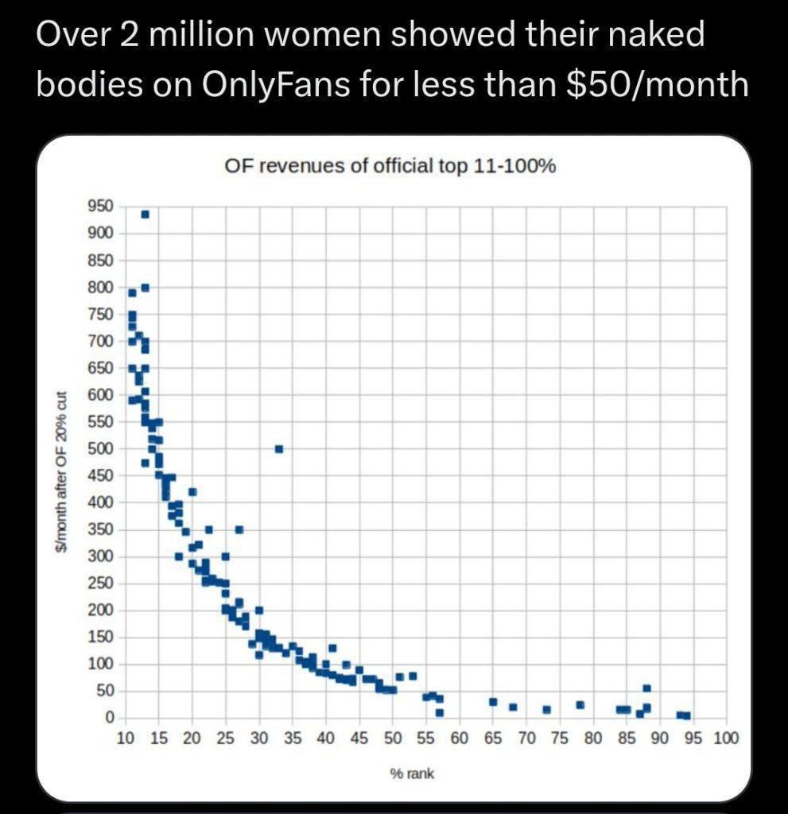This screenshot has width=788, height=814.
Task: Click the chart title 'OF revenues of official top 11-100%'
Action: click(x=390, y=168)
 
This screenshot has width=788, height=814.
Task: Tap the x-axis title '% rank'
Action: click(x=412, y=773)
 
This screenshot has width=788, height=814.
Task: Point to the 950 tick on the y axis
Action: click(x=103, y=206)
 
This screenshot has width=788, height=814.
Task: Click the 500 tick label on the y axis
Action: click(x=103, y=448)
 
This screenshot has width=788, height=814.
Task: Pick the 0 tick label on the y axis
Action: click(x=111, y=718)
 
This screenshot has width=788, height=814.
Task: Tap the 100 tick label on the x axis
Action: click(x=725, y=738)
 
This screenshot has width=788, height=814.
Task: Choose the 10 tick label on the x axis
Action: click(x=125, y=738)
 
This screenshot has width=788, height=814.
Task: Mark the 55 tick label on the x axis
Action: click(x=425, y=738)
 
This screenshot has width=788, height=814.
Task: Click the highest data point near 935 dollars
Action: click(x=145, y=214)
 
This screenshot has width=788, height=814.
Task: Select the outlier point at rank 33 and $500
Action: click(x=279, y=449)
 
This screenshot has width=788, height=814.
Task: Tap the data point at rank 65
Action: click(x=493, y=702)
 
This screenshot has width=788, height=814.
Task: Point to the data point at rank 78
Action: click(x=580, y=705)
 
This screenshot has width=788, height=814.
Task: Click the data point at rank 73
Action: click(x=546, y=709)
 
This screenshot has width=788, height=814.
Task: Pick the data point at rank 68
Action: click(x=513, y=707)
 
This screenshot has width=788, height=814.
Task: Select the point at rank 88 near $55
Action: click(x=646, y=688)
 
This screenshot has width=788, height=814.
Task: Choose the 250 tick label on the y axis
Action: click(x=103, y=583)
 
